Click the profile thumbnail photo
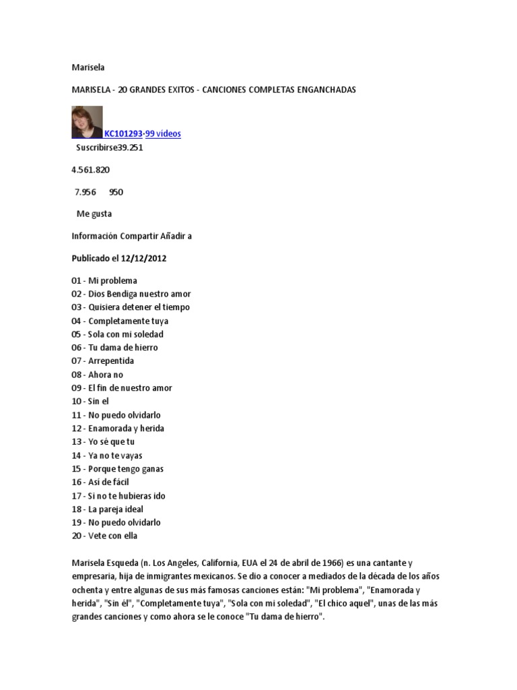click(87, 122)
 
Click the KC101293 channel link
click(123, 134)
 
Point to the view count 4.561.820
click(91, 170)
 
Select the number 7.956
click(85, 192)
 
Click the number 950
click(116, 192)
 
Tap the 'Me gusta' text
click(94, 214)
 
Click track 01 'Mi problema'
click(104, 280)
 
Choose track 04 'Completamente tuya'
click(120, 321)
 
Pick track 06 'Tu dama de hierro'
click(114, 348)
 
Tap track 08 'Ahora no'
click(98, 375)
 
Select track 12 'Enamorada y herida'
click(118, 429)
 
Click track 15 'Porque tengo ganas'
click(118, 469)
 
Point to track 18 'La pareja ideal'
click(108, 509)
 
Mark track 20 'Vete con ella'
click(104, 536)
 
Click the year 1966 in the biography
click(326, 563)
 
